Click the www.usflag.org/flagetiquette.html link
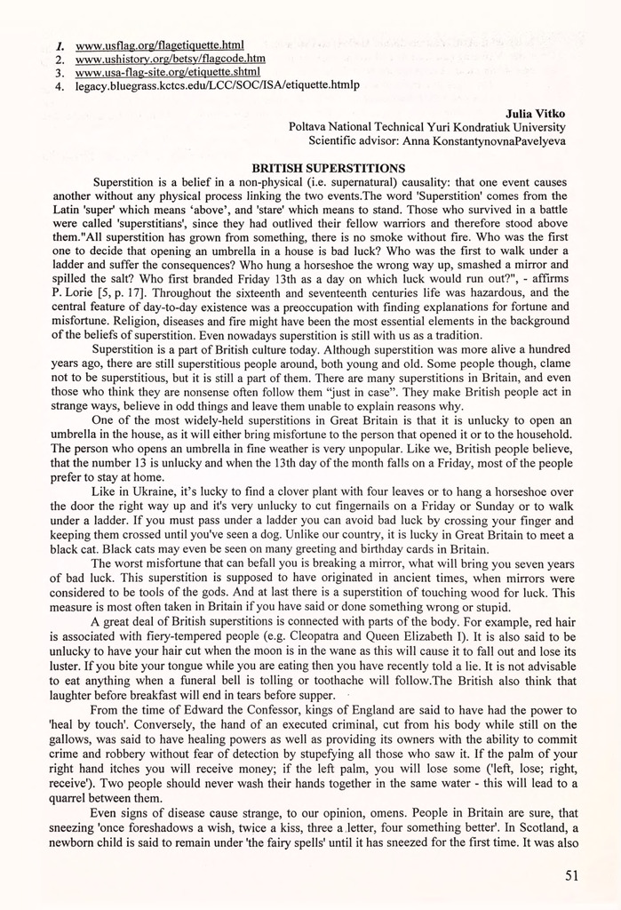(160, 44)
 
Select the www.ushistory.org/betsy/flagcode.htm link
(171, 59)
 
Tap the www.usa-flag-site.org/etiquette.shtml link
(168, 72)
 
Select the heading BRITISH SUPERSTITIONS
(329, 168)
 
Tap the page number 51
(572, 875)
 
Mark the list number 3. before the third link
(59, 73)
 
